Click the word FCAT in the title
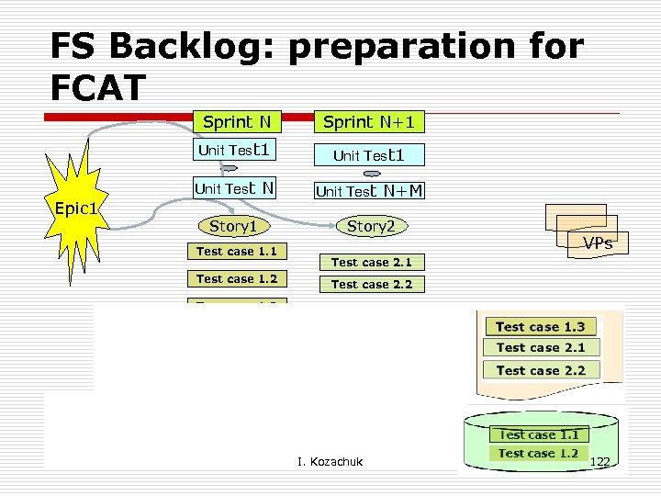click(x=98, y=87)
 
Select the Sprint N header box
click(x=236, y=121)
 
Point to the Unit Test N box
click(x=236, y=189)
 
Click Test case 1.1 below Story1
click(x=236, y=252)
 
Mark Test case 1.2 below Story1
click(x=236, y=279)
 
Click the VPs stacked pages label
click(x=597, y=243)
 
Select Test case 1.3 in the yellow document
click(x=540, y=327)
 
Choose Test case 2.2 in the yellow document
click(x=540, y=370)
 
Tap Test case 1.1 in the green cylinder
click(x=538, y=434)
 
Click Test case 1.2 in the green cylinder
click(x=538, y=453)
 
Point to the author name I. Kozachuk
click(x=330, y=461)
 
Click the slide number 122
click(x=601, y=461)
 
